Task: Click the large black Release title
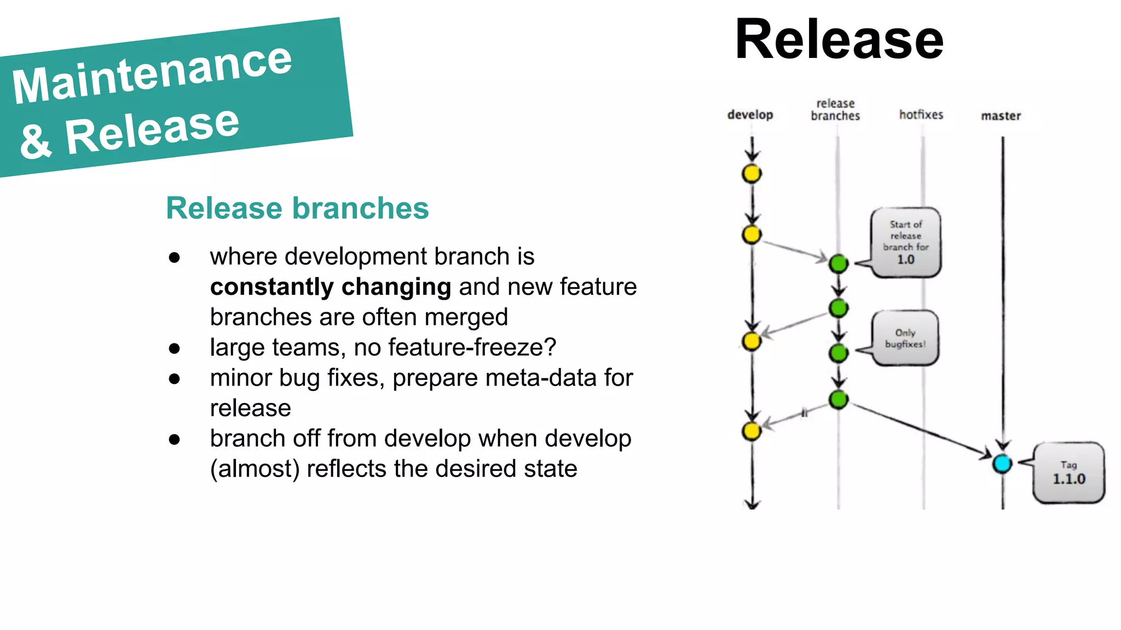point(839,39)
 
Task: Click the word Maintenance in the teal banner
point(152,74)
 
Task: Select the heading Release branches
point(297,208)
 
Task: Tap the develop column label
point(750,115)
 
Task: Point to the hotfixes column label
point(921,115)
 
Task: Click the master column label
point(1001,116)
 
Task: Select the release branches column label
point(835,109)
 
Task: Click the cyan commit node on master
point(1002,464)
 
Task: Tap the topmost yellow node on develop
point(752,174)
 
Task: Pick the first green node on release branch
point(838,264)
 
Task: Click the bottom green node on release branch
point(838,400)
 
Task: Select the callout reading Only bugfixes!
point(905,339)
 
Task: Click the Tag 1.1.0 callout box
point(1068,473)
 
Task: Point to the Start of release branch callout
point(906,242)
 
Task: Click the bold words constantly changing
point(331,287)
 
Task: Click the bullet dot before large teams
point(175,348)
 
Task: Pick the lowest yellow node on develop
point(752,431)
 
